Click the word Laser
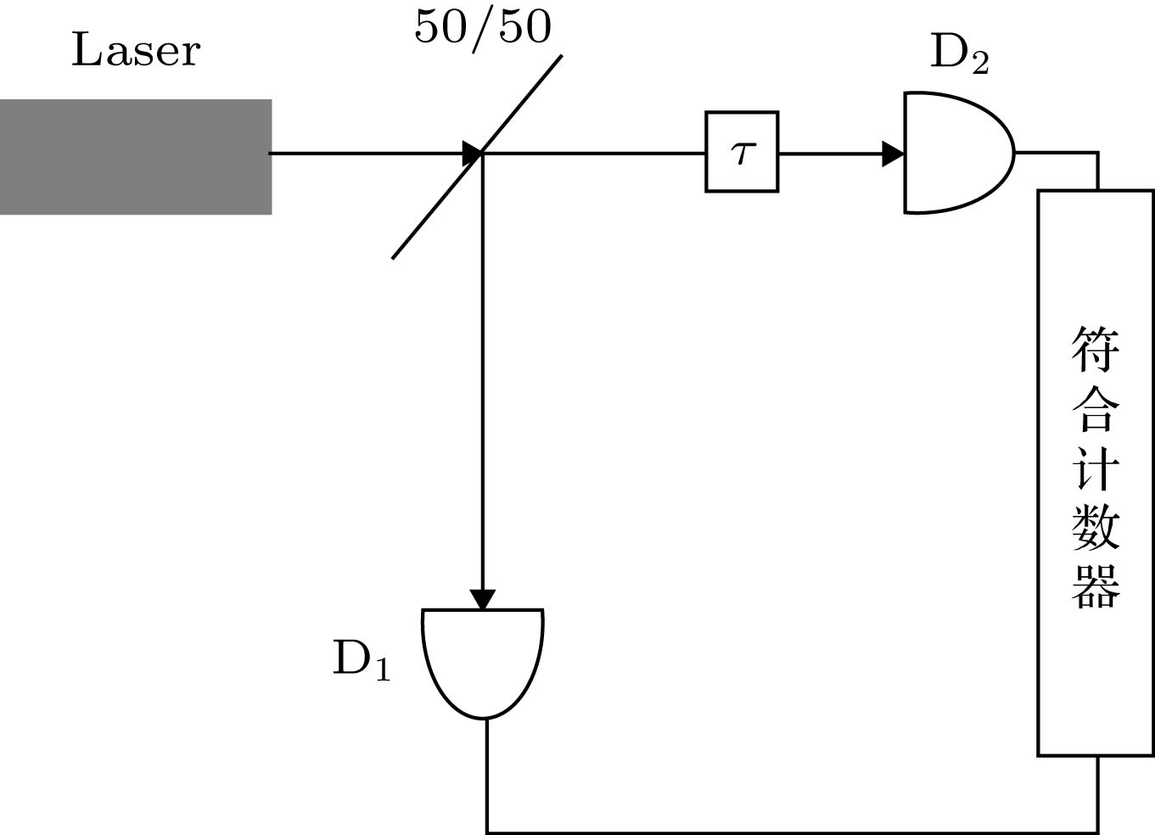136,50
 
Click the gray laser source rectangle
136,157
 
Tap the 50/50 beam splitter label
482,26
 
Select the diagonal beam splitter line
518,106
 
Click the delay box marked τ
742,153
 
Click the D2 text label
959,53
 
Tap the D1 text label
362,658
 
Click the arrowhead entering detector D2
894,154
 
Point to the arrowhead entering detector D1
482,599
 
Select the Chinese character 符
1096,349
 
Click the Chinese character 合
1096,408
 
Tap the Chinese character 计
1096,466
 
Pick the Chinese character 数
1096,525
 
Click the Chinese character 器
1096,584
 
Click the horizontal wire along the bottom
789,832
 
